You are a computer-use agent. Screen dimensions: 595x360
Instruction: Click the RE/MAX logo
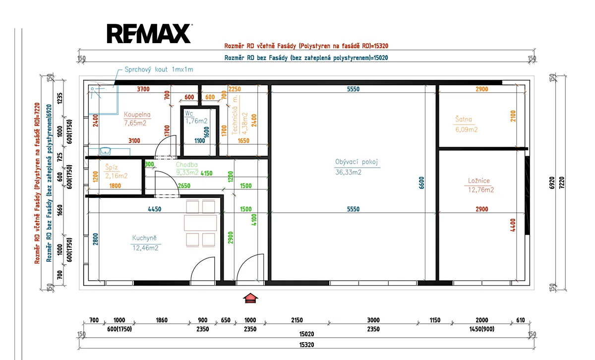coord(149,34)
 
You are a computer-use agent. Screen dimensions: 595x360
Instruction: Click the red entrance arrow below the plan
coord(250,298)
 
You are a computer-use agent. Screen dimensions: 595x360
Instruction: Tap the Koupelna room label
coord(137,115)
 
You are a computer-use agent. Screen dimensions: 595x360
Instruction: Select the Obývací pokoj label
coord(357,162)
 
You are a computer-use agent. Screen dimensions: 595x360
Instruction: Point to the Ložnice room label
coord(479,180)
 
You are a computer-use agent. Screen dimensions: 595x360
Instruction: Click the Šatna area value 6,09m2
coord(467,129)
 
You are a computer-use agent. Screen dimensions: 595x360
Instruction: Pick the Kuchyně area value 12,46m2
coord(146,248)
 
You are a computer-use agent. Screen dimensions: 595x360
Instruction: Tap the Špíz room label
coord(111,167)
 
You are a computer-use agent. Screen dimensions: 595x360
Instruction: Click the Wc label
coord(189,114)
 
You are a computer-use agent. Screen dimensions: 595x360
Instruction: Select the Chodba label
coord(187,165)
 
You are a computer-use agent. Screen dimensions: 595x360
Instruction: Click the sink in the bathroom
coord(106,151)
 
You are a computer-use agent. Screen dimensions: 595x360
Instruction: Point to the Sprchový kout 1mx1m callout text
coord(159,69)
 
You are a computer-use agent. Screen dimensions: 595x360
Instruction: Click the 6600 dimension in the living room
coord(421,183)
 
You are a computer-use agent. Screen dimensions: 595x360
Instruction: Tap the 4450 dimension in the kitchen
coord(155,209)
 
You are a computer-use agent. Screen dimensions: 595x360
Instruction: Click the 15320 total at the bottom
coord(307,345)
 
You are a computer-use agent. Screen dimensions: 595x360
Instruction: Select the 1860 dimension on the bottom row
coord(162,320)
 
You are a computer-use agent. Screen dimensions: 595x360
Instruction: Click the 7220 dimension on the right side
coord(561,183)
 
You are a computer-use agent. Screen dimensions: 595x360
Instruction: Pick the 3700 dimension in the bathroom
coord(143,89)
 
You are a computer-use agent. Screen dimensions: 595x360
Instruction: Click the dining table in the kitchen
coord(200,223)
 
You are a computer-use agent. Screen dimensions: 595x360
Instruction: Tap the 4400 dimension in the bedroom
coord(513,225)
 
